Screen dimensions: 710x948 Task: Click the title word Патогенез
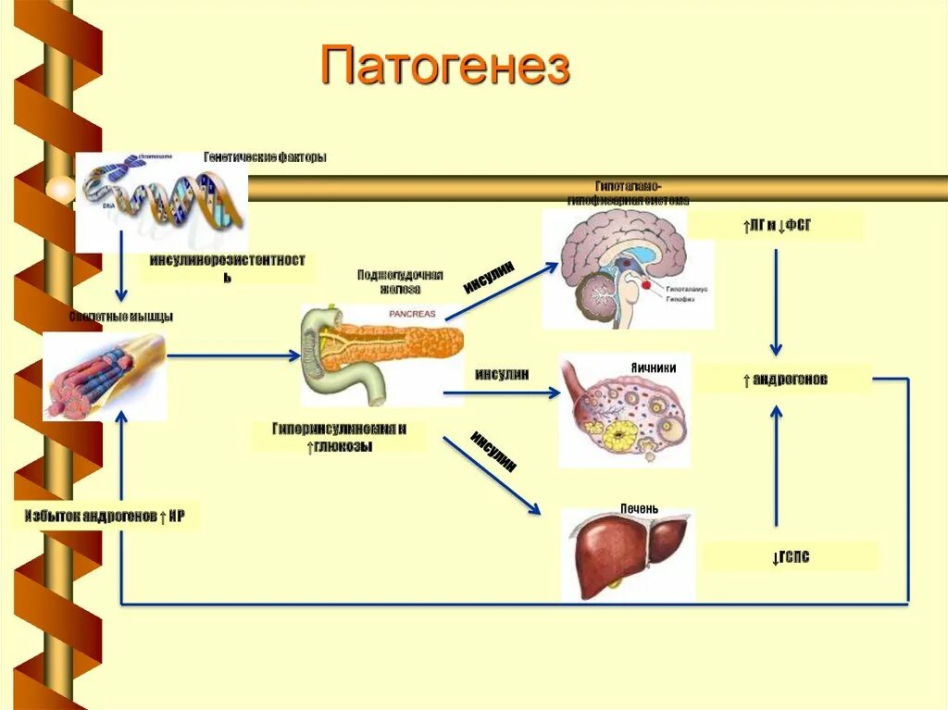pyautogui.click(x=444, y=66)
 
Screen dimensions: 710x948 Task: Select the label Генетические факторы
pyautogui.click(x=265, y=157)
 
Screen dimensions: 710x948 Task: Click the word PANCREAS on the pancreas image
pyautogui.click(x=411, y=314)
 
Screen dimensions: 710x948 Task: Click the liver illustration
pyautogui.click(x=629, y=552)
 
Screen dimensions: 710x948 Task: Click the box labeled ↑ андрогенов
pyautogui.click(x=784, y=379)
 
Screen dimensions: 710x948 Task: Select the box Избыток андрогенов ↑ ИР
pyautogui.click(x=106, y=517)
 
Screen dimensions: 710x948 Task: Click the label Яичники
pyautogui.click(x=653, y=367)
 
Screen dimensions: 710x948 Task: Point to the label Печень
pyautogui.click(x=640, y=508)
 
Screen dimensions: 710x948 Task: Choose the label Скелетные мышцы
pyautogui.click(x=121, y=317)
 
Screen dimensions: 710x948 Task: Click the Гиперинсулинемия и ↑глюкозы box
pyautogui.click(x=339, y=437)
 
